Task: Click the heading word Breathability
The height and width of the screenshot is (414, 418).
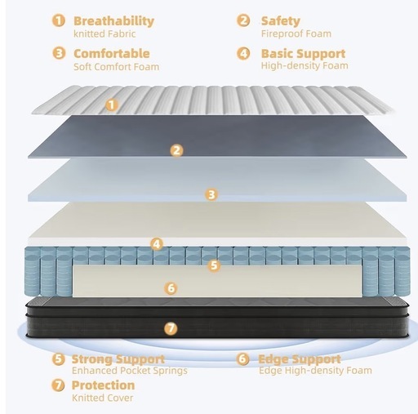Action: click(x=113, y=21)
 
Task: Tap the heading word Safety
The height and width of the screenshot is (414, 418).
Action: click(x=281, y=21)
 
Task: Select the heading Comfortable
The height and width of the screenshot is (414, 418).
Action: click(x=112, y=53)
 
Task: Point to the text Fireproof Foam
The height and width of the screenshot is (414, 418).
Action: click(x=296, y=33)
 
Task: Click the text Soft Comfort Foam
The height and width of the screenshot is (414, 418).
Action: click(x=117, y=67)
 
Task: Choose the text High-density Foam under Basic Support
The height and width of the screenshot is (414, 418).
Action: click(x=305, y=65)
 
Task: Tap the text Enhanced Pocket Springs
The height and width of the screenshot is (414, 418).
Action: click(x=130, y=371)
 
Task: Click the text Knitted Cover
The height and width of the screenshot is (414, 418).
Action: click(x=103, y=398)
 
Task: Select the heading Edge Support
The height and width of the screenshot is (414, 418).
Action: click(x=300, y=359)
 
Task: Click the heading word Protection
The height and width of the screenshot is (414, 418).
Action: click(x=103, y=385)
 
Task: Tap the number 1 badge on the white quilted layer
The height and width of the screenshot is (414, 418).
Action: click(x=112, y=105)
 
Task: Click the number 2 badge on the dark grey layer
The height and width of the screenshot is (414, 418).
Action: click(x=176, y=150)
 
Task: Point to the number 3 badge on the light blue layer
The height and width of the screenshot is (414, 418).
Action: click(x=211, y=194)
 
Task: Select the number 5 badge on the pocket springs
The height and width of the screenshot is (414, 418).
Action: click(x=214, y=265)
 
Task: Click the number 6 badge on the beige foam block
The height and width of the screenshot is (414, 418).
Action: click(x=171, y=288)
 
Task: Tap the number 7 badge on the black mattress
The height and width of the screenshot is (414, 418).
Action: click(x=171, y=328)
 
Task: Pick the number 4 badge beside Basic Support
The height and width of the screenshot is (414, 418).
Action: click(x=243, y=53)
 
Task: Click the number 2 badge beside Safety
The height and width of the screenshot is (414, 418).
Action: click(x=243, y=20)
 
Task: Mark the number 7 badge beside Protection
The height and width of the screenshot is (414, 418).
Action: click(x=58, y=385)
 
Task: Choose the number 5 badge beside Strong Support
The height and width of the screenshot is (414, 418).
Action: click(x=59, y=358)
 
